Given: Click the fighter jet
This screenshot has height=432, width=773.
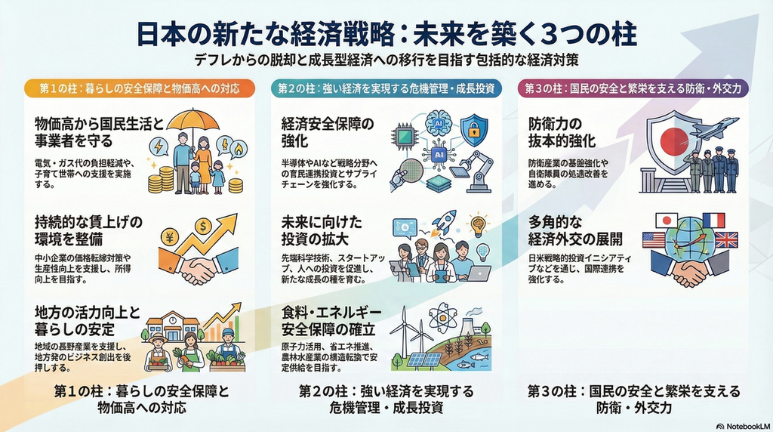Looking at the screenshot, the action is (715, 129).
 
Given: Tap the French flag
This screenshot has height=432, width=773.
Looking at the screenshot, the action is (713, 220).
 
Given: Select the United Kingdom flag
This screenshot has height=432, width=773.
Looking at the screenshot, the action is (725, 240).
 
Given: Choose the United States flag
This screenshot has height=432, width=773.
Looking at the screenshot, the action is (653, 240).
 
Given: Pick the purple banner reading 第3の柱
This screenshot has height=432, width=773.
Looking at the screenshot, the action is (633, 88).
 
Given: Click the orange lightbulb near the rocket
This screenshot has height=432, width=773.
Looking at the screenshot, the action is (478, 224).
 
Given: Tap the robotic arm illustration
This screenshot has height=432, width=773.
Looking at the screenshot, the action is (478, 169).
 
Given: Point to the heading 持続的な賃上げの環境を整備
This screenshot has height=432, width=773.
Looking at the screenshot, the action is (88, 230).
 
